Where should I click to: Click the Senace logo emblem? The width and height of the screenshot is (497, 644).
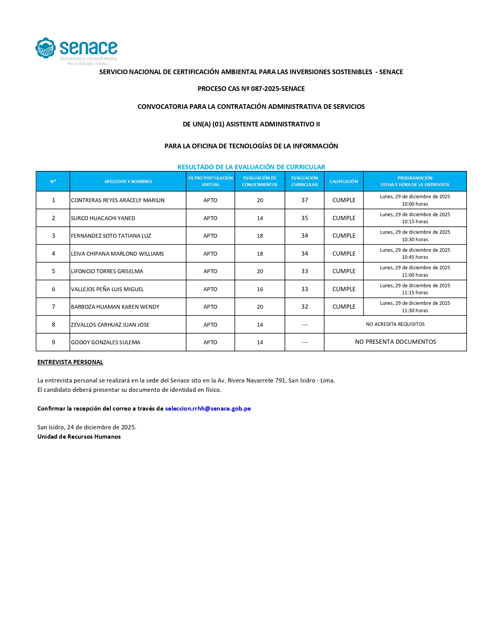coord(46,48)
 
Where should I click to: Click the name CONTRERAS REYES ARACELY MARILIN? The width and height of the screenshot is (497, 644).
coord(117,200)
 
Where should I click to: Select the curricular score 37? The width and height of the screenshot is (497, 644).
coord(304,200)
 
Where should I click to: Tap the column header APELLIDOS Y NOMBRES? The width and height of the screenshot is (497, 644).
coord(128,181)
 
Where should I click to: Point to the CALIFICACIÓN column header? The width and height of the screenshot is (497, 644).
coord(343,181)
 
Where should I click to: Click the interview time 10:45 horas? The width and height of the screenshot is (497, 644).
coord(415,257)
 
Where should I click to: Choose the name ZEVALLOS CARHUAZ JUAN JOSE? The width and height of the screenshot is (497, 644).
coord(110,325)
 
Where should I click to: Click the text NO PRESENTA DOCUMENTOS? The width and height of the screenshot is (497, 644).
coord(395,342)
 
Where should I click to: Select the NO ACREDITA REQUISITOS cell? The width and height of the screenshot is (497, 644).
coord(395,324)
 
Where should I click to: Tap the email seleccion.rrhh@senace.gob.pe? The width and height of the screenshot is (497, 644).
coord(208,409)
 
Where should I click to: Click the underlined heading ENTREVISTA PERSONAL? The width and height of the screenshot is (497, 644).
coord(70,362)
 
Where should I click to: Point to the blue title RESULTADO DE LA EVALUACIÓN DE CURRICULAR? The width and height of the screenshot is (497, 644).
coord(251,167)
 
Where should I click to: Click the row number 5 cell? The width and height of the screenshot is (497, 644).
coord(53,271)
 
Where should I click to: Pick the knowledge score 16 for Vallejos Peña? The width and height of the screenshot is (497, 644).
coord(260,289)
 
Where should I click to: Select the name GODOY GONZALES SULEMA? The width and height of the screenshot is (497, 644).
coord(105,342)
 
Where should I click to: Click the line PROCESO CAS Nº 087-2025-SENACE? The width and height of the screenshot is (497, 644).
coord(251,89)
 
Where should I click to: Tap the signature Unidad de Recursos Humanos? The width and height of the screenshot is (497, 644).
coord(79,437)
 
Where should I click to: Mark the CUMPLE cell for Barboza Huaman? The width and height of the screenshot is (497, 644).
coord(344,307)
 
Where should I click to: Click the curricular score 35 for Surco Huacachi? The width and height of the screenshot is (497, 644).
coord(304,218)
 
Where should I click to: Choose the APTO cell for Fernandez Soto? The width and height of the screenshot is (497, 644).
coord(210,236)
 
